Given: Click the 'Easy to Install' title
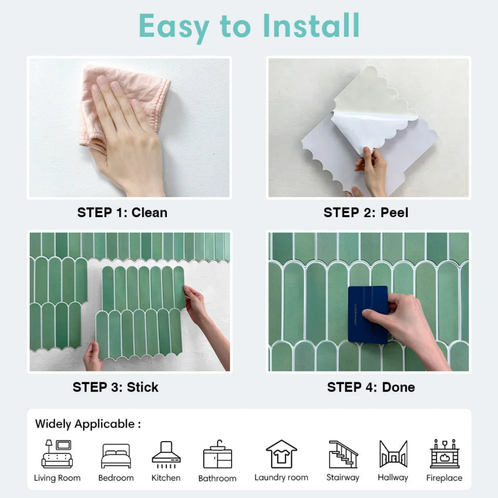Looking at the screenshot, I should click(x=249, y=26).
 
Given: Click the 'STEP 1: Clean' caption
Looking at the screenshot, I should click(x=122, y=213).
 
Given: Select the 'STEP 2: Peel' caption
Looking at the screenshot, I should click(x=366, y=213).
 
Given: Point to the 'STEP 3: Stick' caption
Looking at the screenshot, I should click(x=115, y=387).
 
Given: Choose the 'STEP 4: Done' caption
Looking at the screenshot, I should click(x=371, y=387).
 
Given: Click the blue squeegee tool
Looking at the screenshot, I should click(x=368, y=314).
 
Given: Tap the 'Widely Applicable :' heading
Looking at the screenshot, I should click(x=88, y=424).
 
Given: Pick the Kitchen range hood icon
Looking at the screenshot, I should click(x=166, y=454).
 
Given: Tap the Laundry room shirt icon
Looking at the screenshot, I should click(x=281, y=454).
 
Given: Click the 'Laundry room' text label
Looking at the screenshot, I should click(x=281, y=477).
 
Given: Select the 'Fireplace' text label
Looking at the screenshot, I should click(x=444, y=478).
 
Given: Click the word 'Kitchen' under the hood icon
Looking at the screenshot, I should click(x=166, y=478).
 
